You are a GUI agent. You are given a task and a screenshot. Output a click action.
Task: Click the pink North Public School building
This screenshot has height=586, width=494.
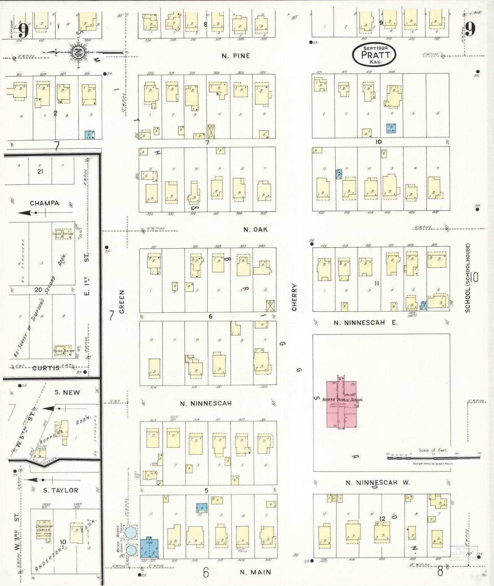[341, 404]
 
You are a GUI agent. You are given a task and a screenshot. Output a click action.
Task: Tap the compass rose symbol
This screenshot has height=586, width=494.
[78, 52]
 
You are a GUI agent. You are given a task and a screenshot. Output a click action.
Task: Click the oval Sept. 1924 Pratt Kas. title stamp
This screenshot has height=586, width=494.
[374, 55]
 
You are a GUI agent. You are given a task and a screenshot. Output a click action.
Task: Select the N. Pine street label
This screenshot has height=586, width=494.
[236, 56]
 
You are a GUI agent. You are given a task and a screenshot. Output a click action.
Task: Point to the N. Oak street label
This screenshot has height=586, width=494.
[255, 229]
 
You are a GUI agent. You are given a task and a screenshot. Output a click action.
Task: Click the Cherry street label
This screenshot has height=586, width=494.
[294, 297]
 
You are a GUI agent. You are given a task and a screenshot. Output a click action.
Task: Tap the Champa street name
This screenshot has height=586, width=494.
[44, 203]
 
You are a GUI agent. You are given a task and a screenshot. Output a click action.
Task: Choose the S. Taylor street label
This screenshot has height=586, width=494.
[61, 490]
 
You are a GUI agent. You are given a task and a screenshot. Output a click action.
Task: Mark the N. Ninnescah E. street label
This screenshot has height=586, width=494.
[365, 322]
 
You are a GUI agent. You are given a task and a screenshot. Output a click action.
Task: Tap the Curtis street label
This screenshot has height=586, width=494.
[46, 368]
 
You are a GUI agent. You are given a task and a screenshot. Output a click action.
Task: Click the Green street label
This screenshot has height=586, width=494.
[122, 302]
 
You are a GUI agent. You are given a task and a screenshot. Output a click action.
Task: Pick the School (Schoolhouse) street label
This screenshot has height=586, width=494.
[467, 278]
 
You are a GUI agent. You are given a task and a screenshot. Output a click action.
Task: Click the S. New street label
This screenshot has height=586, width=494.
[67, 392]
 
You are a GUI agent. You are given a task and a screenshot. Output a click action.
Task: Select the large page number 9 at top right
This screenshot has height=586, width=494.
[470, 29]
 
